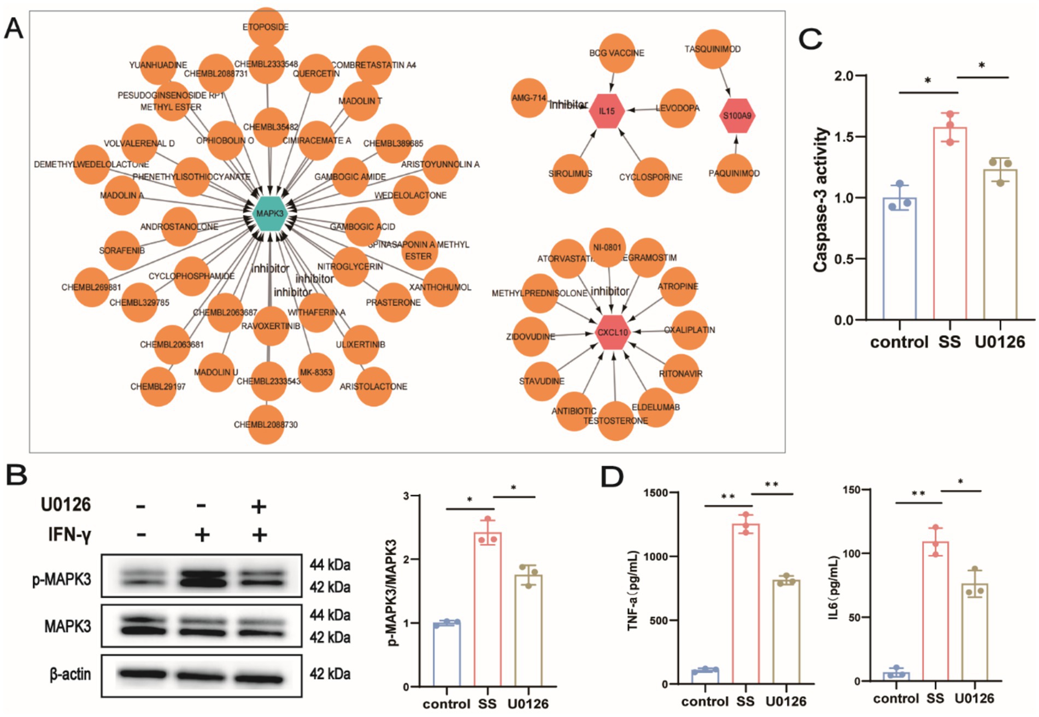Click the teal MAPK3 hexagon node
pos(270,213)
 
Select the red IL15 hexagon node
pos(607,111)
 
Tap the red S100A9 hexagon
pos(737,115)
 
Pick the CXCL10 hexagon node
pos(613,332)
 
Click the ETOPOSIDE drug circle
pos(266,26)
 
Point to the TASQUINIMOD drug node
pos(713,49)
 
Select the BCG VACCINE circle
pos(616,52)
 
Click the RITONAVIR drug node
pos(680,374)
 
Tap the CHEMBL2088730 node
pos(266,425)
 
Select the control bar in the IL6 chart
pos(896,677)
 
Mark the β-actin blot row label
pos(70,674)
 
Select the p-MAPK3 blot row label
pos(62,579)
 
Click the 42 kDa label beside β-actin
pos(330,674)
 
